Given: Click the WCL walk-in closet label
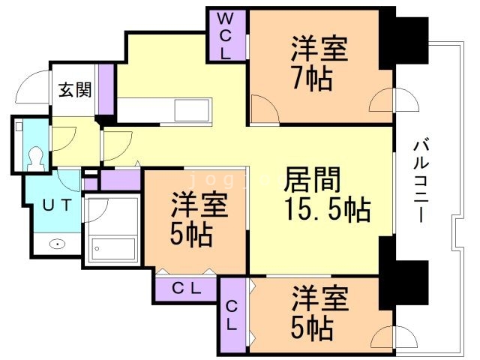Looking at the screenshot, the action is coord(226,36).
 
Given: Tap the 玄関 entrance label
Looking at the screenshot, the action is coord(75,90).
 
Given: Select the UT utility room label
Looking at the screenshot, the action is coord(58,205).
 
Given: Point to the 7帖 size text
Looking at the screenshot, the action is coord(312,78).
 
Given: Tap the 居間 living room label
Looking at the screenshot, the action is coord(312,179).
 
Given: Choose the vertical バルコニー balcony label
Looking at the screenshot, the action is coord(421,181).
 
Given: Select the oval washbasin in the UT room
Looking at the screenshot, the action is coord(57,244).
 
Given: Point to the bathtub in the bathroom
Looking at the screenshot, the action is coord(113,248).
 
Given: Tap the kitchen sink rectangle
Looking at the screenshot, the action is coord(192,109).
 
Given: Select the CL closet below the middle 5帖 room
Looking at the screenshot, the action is coord(185,288).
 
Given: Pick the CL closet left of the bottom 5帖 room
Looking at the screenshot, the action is coord(232,315).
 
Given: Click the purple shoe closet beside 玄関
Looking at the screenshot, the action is coord(106,89).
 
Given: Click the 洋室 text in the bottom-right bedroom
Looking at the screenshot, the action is coord(320,298).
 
